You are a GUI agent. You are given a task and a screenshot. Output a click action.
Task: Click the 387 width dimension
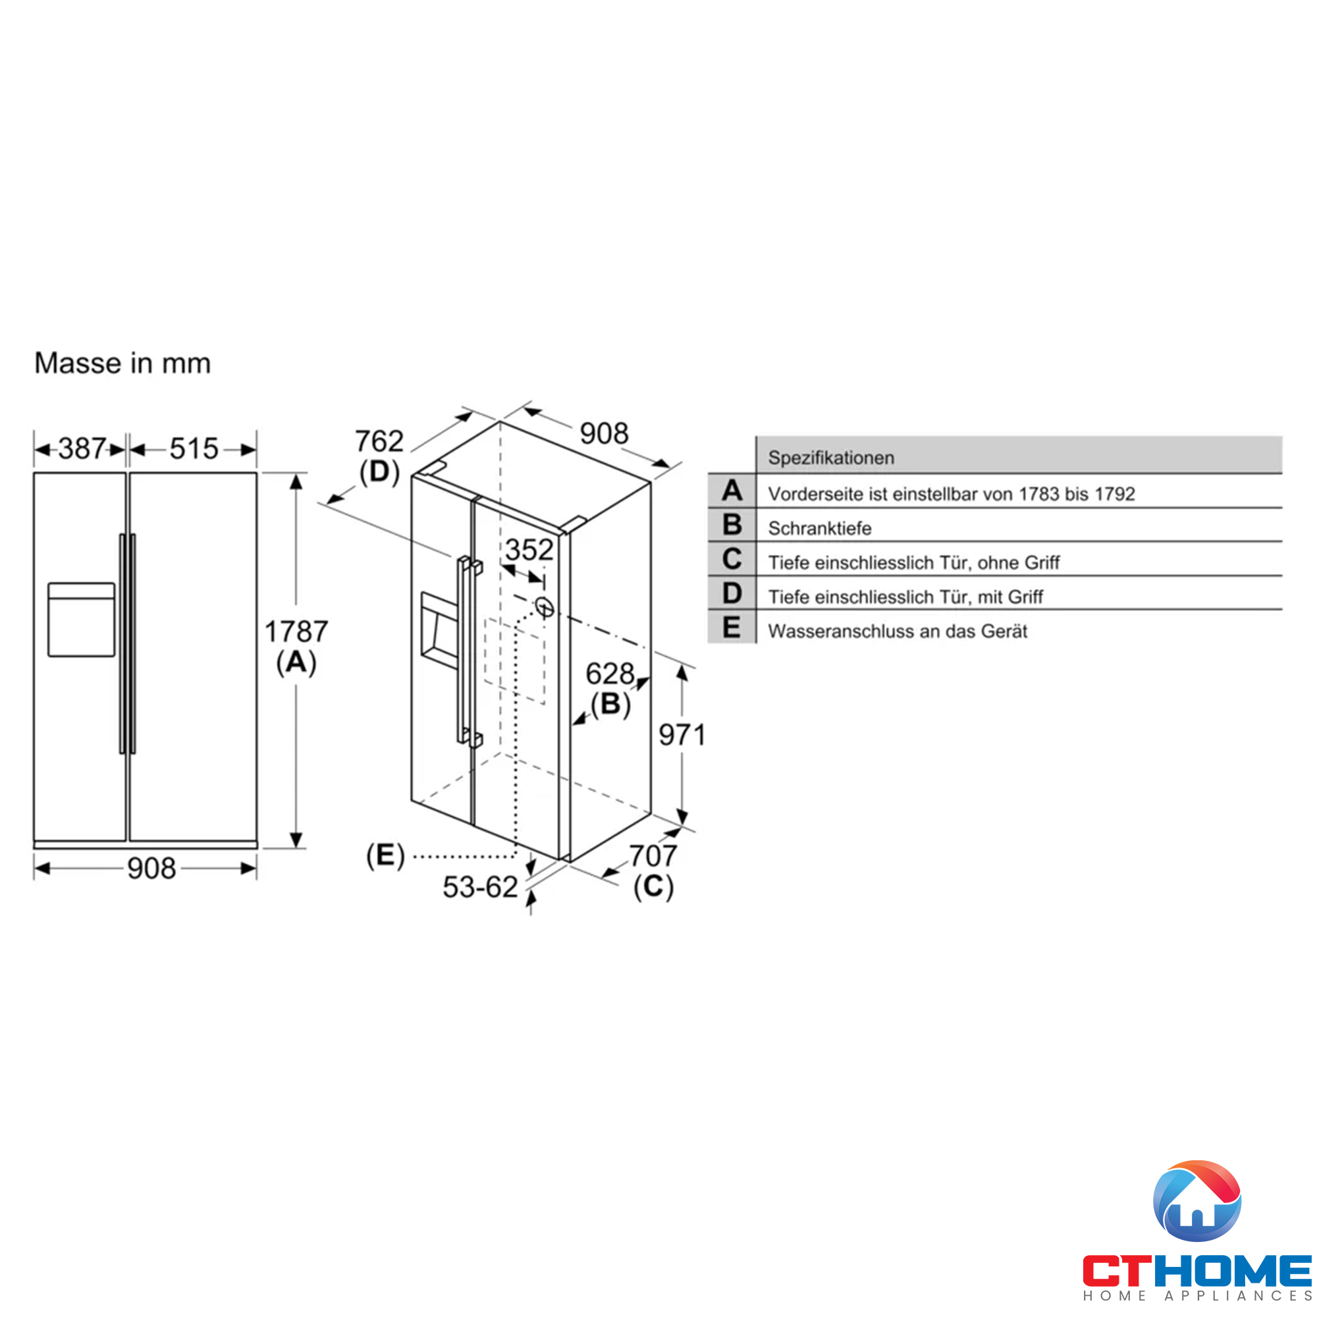click(82, 448)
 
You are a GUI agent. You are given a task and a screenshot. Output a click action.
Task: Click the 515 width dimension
click(194, 448)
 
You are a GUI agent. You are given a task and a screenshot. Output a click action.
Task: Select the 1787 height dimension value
click(296, 632)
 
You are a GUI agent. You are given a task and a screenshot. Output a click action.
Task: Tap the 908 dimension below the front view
click(151, 869)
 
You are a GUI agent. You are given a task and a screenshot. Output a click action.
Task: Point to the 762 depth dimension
click(379, 441)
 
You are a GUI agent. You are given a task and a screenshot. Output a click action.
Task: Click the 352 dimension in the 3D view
click(529, 549)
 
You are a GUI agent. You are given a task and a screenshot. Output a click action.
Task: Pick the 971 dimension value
click(682, 735)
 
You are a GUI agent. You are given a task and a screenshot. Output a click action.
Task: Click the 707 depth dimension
click(653, 855)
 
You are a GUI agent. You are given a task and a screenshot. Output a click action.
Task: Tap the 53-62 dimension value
click(481, 887)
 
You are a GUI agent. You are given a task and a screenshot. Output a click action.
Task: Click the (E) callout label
click(385, 855)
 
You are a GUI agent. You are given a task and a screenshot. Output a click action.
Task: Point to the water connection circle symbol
click(544, 606)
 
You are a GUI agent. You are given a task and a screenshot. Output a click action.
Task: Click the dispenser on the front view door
click(81, 619)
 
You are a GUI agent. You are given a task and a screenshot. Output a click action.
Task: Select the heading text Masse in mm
click(122, 363)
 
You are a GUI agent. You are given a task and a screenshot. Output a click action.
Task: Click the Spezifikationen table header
click(831, 458)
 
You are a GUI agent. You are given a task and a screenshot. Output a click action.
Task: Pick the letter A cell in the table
click(732, 491)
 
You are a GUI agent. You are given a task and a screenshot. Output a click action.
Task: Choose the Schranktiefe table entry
click(819, 528)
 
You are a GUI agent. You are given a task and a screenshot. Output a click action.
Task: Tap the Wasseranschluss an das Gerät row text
click(897, 632)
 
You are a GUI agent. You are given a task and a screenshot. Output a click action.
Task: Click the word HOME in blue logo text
click(1233, 1270)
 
